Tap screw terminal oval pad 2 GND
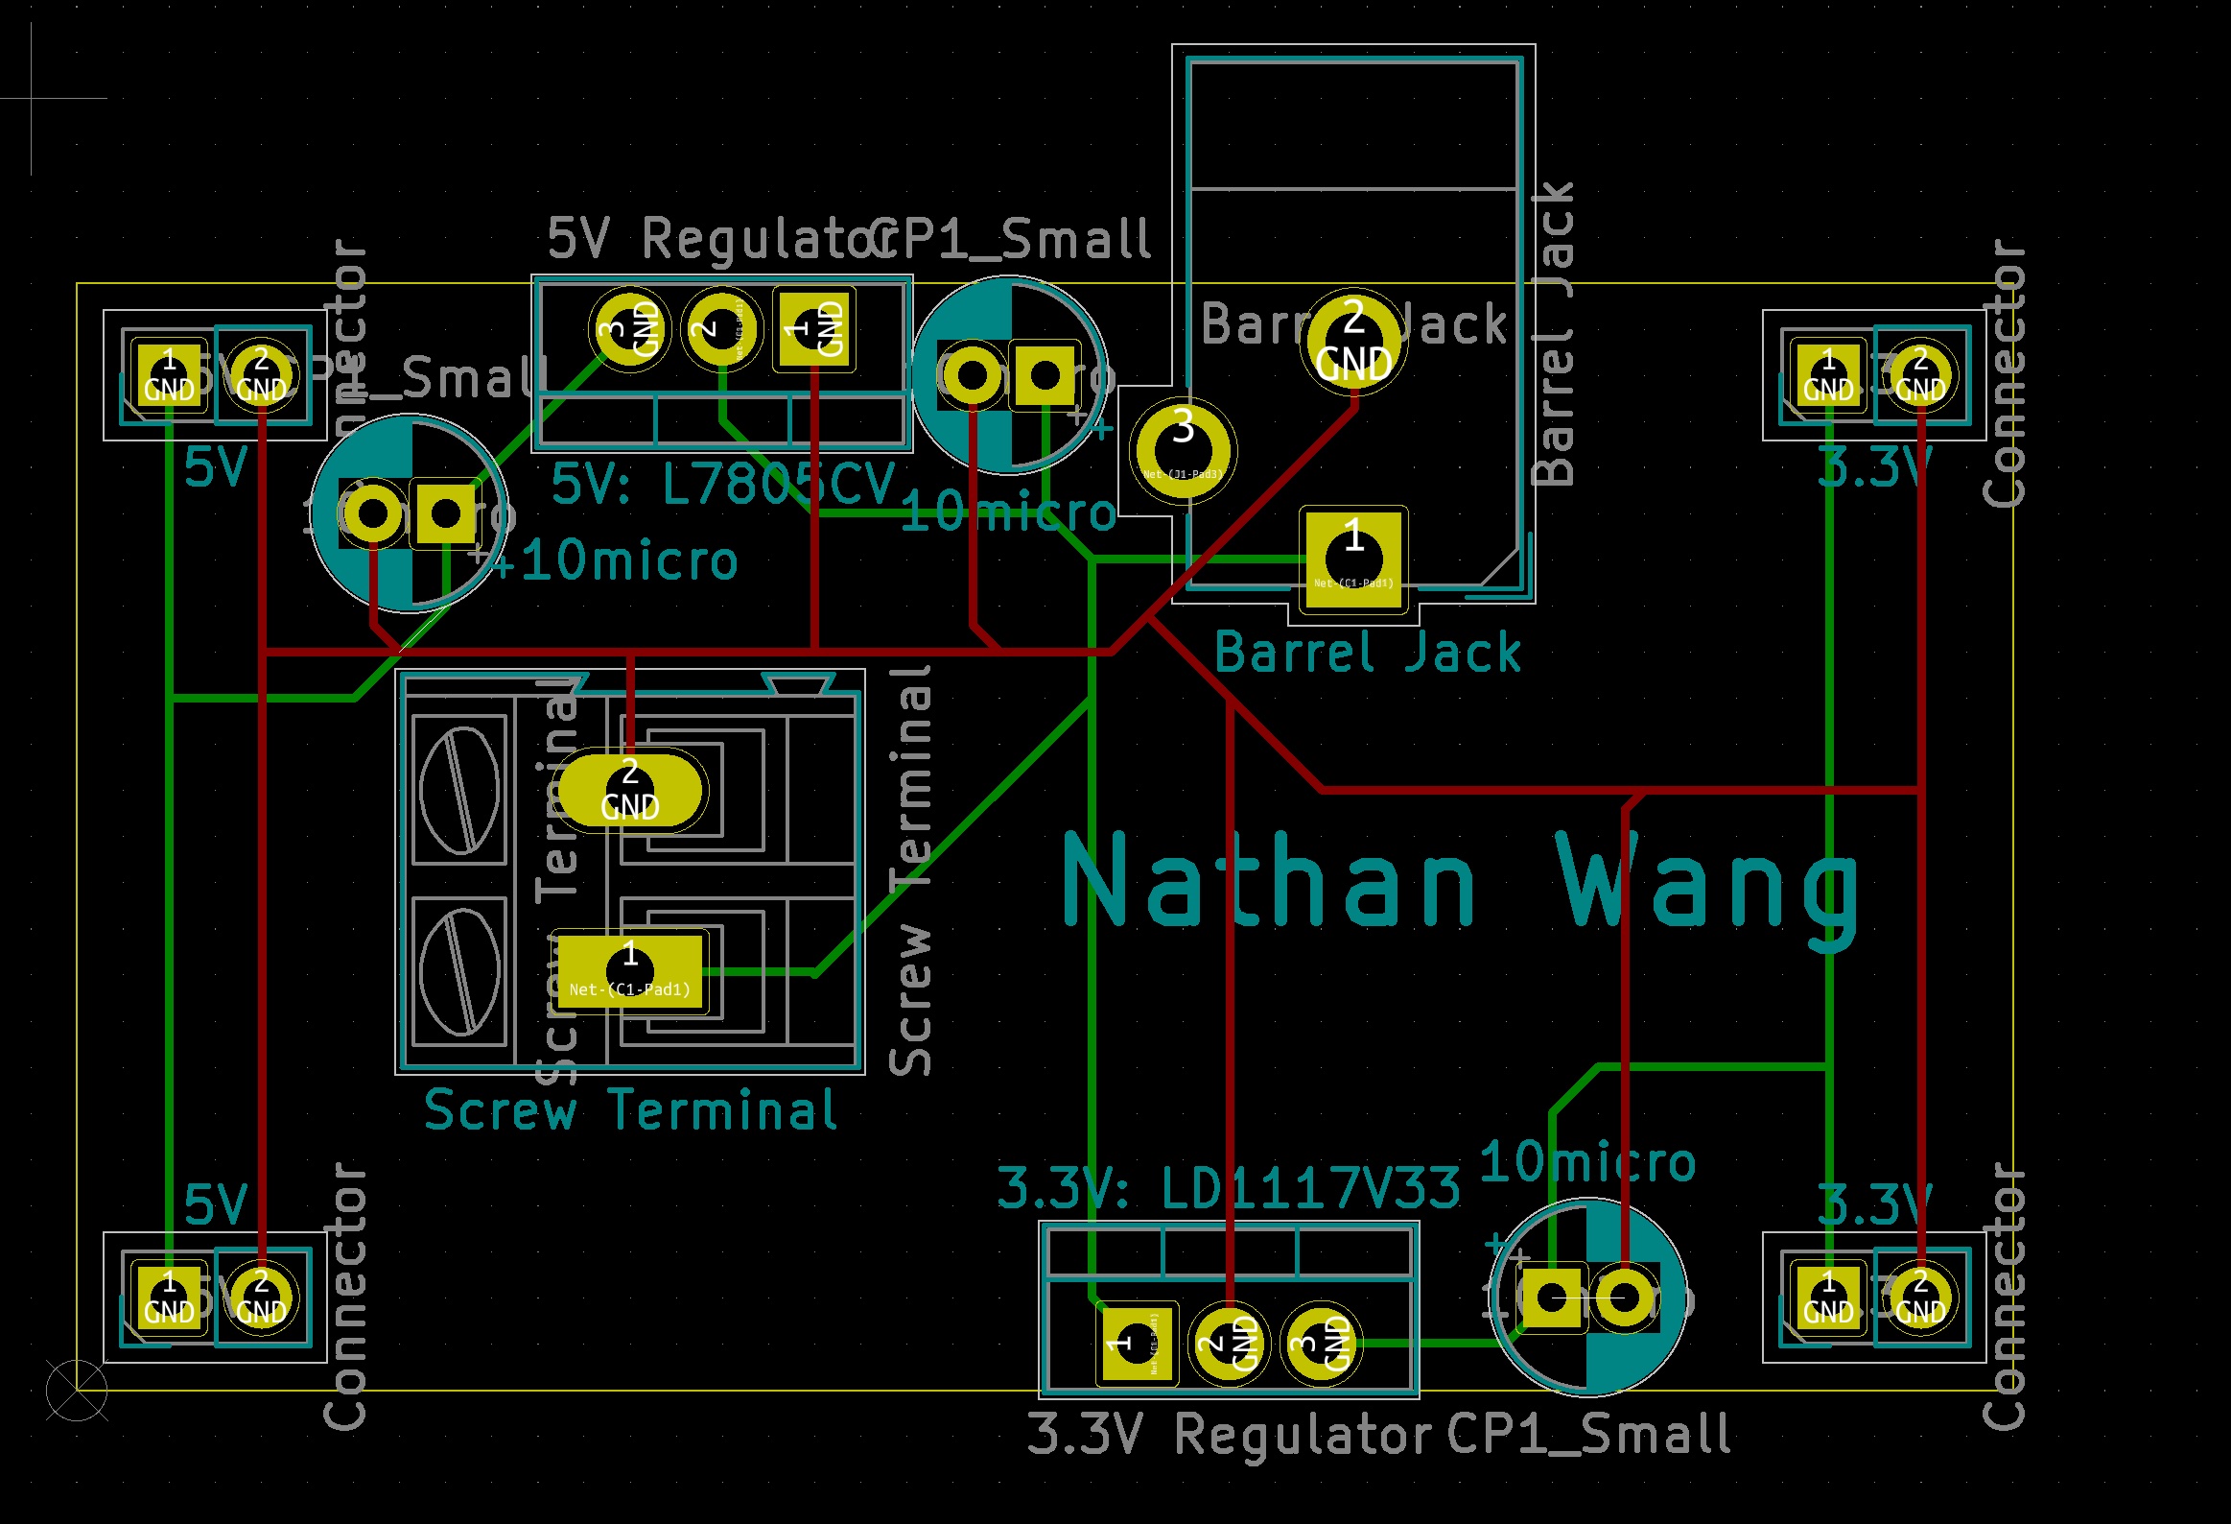click(x=630, y=790)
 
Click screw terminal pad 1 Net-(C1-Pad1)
click(x=630, y=971)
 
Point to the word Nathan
click(x=1269, y=882)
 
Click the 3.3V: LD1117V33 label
click(x=1229, y=1188)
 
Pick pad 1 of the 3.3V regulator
click(x=1136, y=1343)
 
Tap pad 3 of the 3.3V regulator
click(x=1321, y=1343)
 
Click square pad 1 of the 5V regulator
click(x=814, y=329)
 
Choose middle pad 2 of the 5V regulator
click(x=722, y=329)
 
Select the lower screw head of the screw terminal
click(x=459, y=971)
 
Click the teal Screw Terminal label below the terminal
click(x=630, y=1111)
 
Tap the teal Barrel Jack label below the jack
click(x=1367, y=653)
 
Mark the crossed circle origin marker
click(x=77, y=1390)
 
